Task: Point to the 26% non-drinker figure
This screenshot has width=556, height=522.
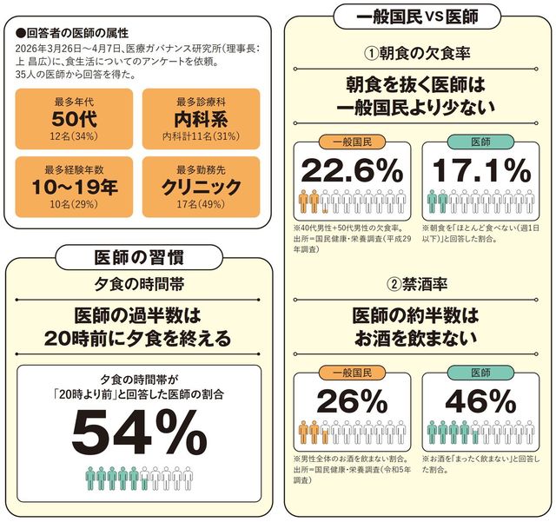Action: click(351, 400)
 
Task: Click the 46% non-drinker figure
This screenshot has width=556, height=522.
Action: click(480, 400)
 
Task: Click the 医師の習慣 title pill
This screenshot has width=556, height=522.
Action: click(138, 254)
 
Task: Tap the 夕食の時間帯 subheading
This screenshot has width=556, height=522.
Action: click(139, 284)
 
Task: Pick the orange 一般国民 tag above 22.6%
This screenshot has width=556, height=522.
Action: click(352, 140)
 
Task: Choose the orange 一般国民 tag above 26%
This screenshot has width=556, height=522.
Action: click(352, 372)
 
